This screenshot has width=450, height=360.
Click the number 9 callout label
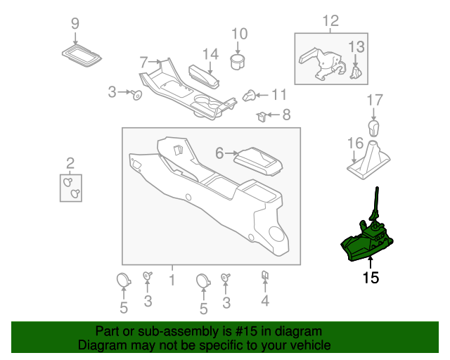(75, 24)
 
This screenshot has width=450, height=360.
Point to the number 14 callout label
(210, 53)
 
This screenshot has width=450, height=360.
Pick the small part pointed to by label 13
(356, 70)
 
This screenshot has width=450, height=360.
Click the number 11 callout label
(279, 94)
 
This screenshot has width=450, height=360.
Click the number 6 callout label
(219, 153)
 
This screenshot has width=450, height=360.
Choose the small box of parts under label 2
(70, 186)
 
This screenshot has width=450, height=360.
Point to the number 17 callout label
(373, 101)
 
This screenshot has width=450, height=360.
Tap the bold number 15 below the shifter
(371, 278)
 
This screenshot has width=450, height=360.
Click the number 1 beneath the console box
(172, 281)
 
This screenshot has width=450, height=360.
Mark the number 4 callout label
(265, 302)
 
